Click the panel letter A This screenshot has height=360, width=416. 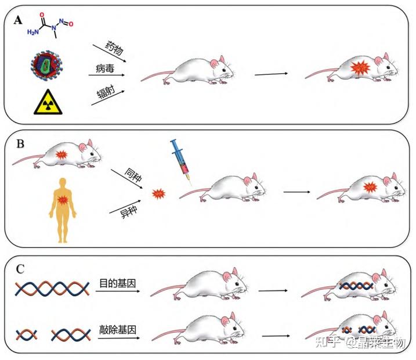pyautogui.click(x=18, y=20)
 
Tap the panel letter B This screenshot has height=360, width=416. pyautogui.click(x=20, y=143)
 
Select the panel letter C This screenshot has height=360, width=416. pyautogui.click(x=20, y=269)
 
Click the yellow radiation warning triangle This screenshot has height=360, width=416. pyautogui.click(x=48, y=102)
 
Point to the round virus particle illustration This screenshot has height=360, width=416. pyautogui.click(x=46, y=65)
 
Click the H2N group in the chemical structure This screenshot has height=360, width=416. pyautogui.click(x=33, y=32)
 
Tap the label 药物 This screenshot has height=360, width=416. pyautogui.click(x=114, y=48)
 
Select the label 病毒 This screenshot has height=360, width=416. pyautogui.click(x=105, y=69)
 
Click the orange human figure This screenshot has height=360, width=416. pyautogui.click(x=63, y=210)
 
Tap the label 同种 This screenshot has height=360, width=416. pyautogui.click(x=133, y=175)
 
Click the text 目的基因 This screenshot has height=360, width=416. pyautogui.click(x=118, y=283)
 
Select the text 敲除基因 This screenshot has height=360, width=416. pyautogui.click(x=118, y=330)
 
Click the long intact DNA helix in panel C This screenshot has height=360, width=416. pyautogui.click(x=52, y=289)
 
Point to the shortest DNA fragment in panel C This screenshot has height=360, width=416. pyautogui.click(x=26, y=335)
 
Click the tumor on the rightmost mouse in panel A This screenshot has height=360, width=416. pyautogui.click(x=360, y=68)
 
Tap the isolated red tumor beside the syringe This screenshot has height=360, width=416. pyautogui.click(x=158, y=194)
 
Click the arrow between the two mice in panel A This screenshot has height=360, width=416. pyautogui.click(x=271, y=74)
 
